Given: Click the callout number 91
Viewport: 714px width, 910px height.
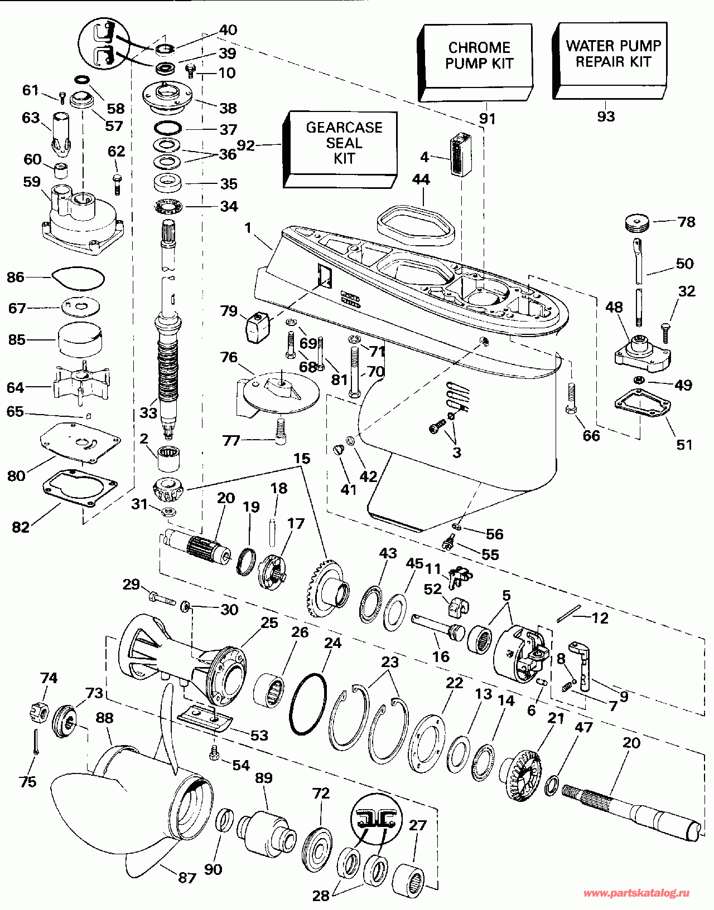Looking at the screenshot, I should pos(487,118).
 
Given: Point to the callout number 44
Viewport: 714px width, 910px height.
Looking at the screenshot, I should pos(421,179).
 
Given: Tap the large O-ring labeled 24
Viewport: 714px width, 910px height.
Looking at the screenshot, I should pos(307,704).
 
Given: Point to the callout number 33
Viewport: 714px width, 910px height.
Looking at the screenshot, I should pos(148,413).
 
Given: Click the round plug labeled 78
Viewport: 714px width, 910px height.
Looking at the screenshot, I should pos(637,223).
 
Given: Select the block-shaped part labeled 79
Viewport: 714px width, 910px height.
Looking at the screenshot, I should pos(257,327).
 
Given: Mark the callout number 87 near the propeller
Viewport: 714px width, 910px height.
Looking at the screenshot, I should pos(187,878).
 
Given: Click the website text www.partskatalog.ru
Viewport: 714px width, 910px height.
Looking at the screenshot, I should pos(636,893).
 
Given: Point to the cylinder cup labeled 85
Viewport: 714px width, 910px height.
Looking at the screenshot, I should pos(80,339).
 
